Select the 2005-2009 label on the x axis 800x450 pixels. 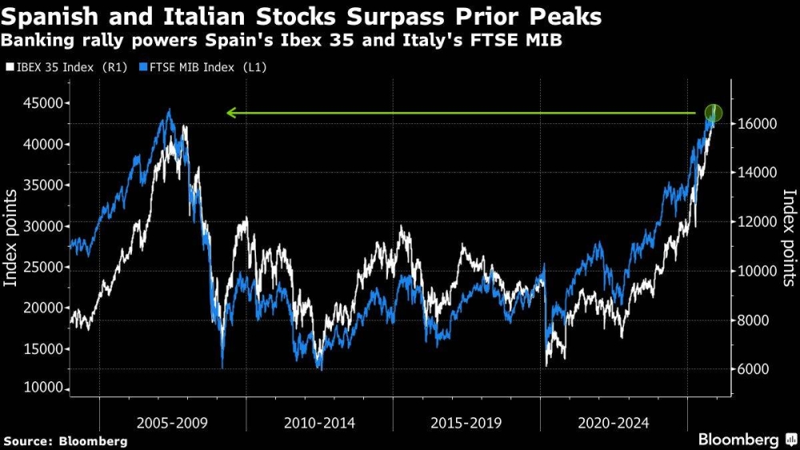pyautogui.click(x=172, y=421)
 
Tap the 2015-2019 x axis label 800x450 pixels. pyautogui.click(x=466, y=421)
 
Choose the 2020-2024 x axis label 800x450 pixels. pyautogui.click(x=614, y=421)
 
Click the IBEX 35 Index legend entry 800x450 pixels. pyautogui.click(x=64, y=68)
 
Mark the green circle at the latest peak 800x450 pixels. pyautogui.click(x=714, y=114)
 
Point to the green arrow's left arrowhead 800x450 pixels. pyautogui.click(x=230, y=113)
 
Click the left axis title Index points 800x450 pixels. pyautogui.click(x=12, y=239)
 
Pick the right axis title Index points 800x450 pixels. pyautogui.click(x=789, y=237)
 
